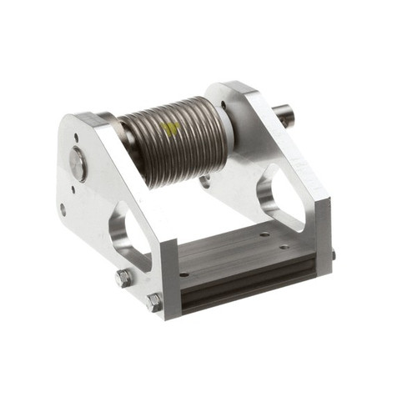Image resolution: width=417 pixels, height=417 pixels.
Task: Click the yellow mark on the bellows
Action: tap(170, 128)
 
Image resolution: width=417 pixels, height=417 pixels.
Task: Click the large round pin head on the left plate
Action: tap(78, 163)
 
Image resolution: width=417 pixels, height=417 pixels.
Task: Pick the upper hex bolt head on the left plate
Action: tap(123, 278)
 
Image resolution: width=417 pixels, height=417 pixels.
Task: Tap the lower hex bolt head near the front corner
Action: tap(154, 302)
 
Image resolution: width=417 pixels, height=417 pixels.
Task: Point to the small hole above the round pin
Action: tap(76, 138)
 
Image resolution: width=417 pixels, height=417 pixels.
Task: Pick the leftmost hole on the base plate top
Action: tap(184, 274)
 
